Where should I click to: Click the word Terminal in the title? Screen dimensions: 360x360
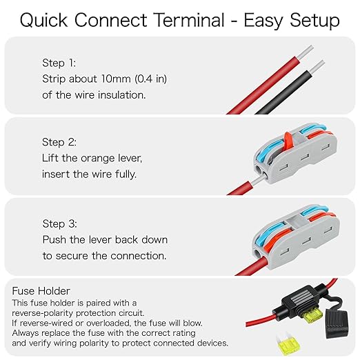pyautogui.click(x=189, y=20)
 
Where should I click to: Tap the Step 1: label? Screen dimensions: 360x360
pyautogui.click(x=59, y=63)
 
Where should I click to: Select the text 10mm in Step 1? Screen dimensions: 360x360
pyautogui.click(x=116, y=79)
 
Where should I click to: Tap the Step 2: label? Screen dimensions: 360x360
pyautogui.click(x=59, y=142)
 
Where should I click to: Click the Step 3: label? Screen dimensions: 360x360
pyautogui.click(x=60, y=223)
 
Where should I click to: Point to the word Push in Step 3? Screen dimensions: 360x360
pyautogui.click(x=54, y=239)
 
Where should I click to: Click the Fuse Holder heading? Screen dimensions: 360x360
pyautogui.click(x=41, y=291)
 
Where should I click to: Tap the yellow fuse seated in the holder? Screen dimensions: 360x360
pyautogui.click(x=312, y=315)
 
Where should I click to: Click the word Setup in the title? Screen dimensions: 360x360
pyautogui.click(x=314, y=21)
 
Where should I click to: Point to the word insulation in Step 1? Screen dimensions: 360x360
pyautogui.click(x=122, y=95)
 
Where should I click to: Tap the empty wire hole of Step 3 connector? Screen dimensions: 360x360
pyautogui.click(x=258, y=254)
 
